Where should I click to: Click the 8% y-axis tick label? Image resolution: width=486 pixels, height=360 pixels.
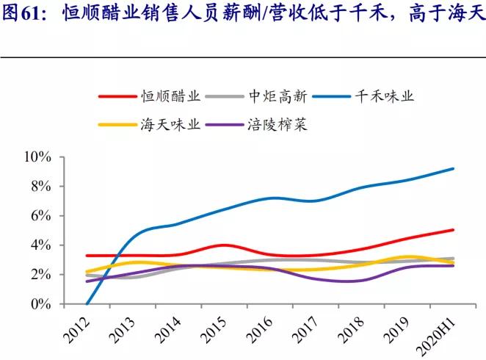[40, 187]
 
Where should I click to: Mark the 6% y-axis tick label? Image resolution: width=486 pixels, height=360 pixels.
[40, 216]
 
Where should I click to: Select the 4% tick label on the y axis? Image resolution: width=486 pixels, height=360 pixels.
[40, 245]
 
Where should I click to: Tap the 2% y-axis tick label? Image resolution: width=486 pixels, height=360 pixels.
[40, 275]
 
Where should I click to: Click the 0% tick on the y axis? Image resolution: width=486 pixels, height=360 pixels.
[40, 304]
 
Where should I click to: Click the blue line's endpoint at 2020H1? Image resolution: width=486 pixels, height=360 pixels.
[453, 168]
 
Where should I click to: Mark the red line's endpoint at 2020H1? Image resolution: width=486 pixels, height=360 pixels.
[453, 230]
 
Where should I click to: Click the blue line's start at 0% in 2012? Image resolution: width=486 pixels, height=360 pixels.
[87, 303]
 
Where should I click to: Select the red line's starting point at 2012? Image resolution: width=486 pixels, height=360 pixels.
[87, 256]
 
